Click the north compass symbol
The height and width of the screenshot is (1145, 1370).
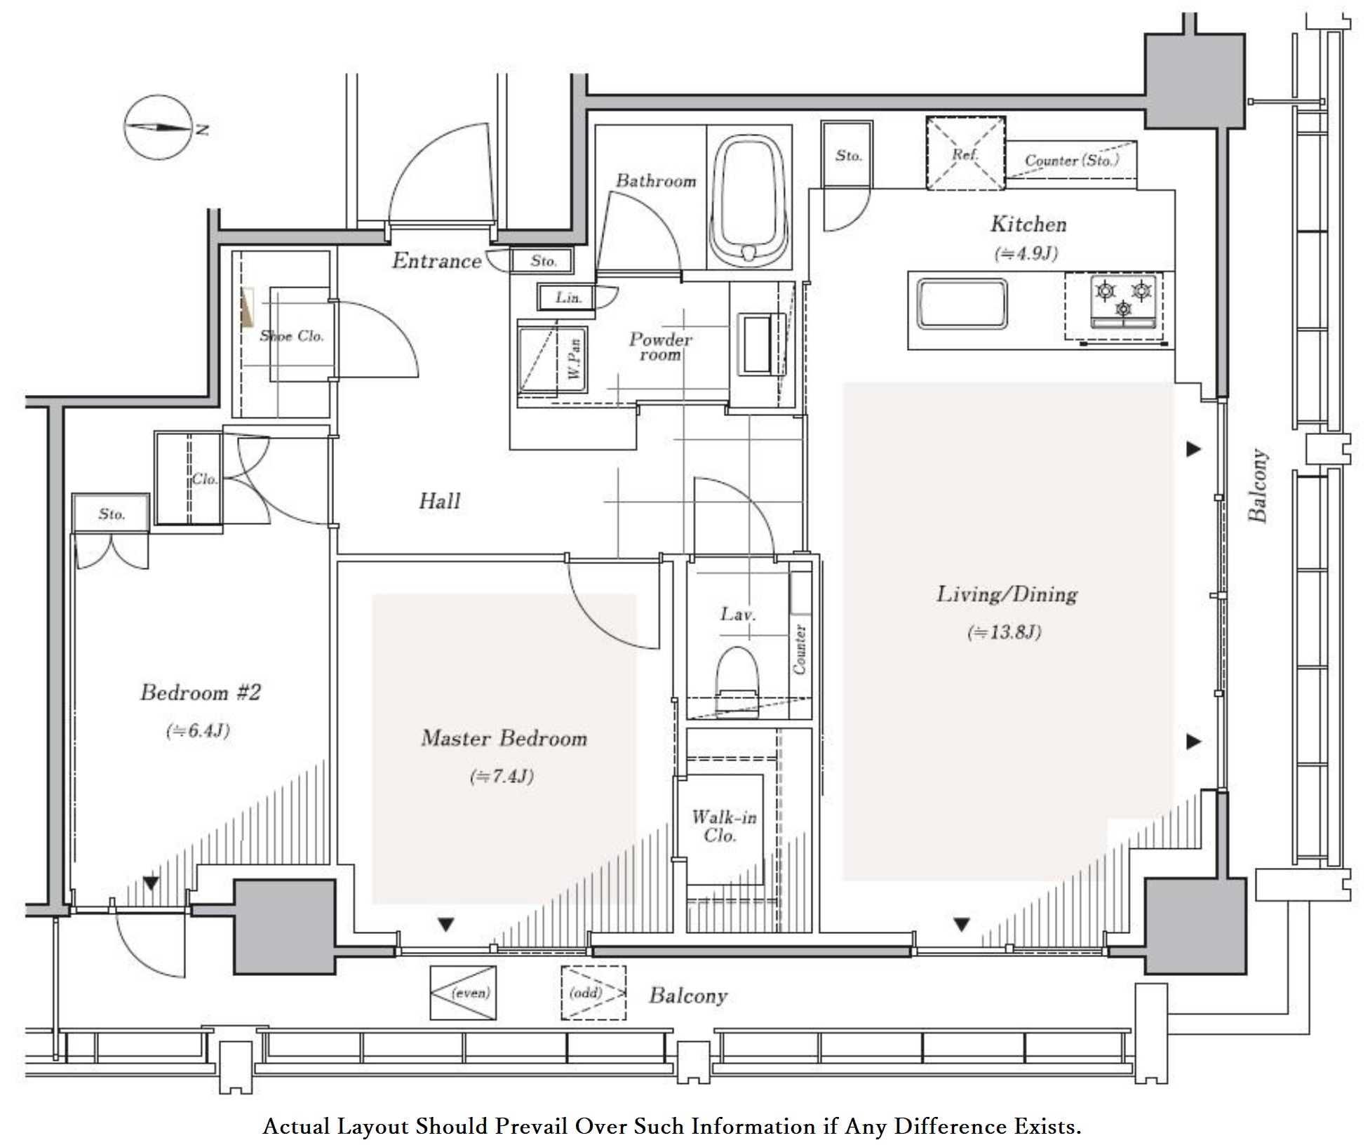coord(159,128)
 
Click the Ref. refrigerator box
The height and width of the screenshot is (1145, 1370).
coord(965,153)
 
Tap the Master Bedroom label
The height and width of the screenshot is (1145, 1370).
coord(504,738)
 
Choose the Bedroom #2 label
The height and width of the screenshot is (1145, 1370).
coord(201,692)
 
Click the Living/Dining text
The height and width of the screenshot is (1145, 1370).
coord(1007,594)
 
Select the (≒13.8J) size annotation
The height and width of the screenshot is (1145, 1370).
coord(1005,632)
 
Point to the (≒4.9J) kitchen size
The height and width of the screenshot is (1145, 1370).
coord(1026,253)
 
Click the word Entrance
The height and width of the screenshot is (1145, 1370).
coord(436,261)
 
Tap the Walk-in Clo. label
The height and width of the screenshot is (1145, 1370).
coord(723,826)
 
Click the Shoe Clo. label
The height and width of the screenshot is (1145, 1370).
coord(292,336)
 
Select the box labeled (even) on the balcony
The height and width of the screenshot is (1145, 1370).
coord(463,993)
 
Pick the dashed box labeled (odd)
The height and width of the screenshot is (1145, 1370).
coord(593,993)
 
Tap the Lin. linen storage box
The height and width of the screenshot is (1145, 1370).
coord(567,297)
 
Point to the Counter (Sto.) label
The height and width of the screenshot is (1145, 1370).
coord(1071,161)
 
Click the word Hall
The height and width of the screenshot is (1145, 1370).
coord(440,501)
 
